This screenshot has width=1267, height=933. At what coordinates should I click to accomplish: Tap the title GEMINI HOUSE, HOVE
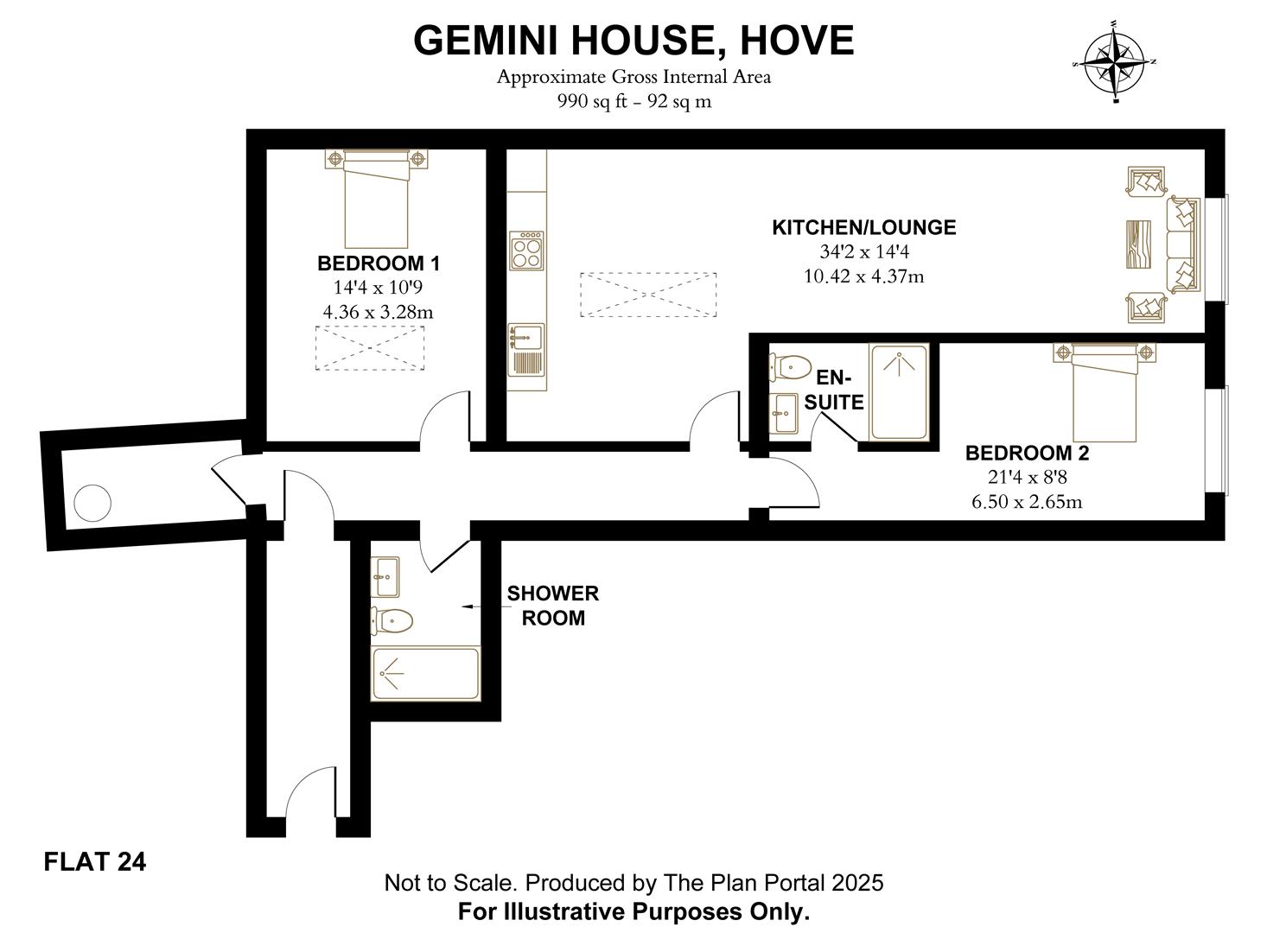click(633, 41)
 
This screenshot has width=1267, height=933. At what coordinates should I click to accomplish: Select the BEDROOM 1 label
click(379, 263)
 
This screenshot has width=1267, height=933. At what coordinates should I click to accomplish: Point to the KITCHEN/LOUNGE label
click(863, 227)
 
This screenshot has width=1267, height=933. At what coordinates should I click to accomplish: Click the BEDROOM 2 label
click(1028, 453)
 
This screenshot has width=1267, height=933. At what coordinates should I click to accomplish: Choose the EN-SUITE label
click(834, 390)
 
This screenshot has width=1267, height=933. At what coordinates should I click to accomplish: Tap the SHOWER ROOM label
click(552, 606)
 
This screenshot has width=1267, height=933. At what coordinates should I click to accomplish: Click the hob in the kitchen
click(526, 250)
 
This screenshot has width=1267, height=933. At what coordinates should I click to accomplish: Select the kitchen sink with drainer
click(526, 350)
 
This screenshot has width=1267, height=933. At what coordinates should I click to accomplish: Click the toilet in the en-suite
click(790, 367)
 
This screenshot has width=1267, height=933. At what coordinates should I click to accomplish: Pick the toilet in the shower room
click(392, 621)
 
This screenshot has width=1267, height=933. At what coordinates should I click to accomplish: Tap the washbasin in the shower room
click(385, 577)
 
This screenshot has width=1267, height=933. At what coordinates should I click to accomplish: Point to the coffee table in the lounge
click(1138, 244)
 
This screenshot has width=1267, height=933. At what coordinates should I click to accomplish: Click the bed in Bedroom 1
click(376, 199)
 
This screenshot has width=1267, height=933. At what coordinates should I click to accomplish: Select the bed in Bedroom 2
click(1105, 392)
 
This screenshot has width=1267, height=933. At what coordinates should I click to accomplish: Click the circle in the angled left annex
click(92, 503)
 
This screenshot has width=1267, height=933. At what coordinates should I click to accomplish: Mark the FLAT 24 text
click(95, 862)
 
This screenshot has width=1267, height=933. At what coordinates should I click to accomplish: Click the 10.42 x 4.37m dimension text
click(863, 276)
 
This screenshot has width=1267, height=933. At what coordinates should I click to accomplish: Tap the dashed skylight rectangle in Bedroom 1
click(370, 348)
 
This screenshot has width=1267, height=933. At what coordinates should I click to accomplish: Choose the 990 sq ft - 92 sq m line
click(634, 102)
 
